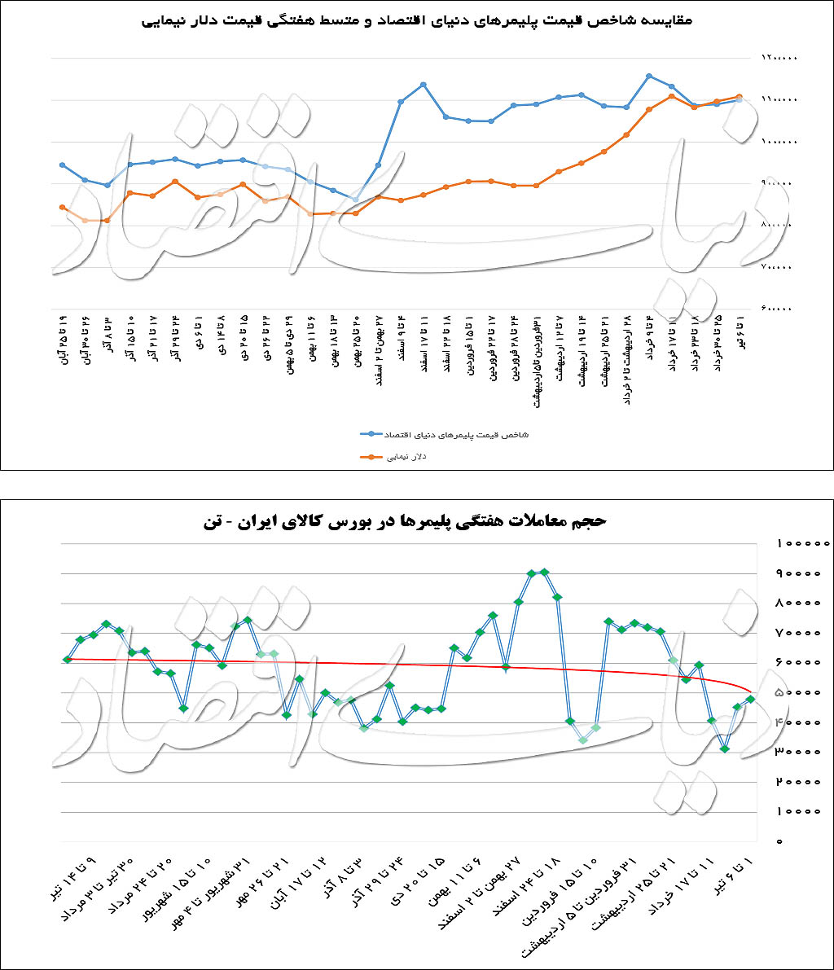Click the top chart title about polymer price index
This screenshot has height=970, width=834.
point(417,20)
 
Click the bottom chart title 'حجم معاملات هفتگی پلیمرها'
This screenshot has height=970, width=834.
point(417,521)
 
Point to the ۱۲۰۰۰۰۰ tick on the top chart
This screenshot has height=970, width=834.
point(779,58)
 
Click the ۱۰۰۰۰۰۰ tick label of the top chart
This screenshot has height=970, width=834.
point(779,142)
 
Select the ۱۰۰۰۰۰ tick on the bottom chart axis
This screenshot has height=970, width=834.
point(802,543)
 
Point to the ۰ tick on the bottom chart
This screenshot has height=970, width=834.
point(779,841)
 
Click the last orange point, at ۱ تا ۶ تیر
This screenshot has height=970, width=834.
point(739,96)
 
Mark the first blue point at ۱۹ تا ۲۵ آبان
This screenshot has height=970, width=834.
point(63,165)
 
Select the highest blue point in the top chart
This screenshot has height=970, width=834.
point(648,76)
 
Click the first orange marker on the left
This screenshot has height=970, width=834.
point(63,207)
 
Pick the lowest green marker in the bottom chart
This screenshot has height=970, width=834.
point(724,749)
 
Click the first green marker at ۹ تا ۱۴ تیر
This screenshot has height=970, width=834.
point(68,659)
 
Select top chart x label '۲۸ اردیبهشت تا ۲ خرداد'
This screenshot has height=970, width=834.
point(625,358)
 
